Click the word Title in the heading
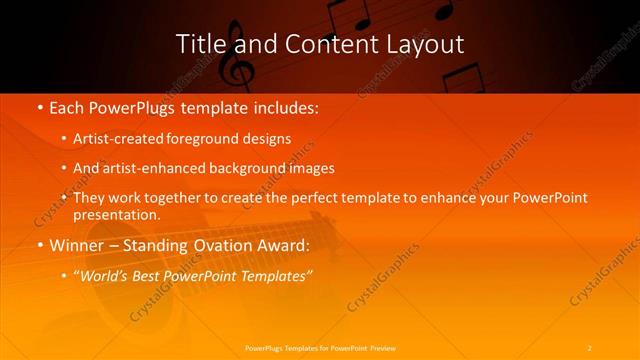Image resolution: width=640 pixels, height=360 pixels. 199,44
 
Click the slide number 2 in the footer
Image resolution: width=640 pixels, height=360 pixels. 590,347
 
